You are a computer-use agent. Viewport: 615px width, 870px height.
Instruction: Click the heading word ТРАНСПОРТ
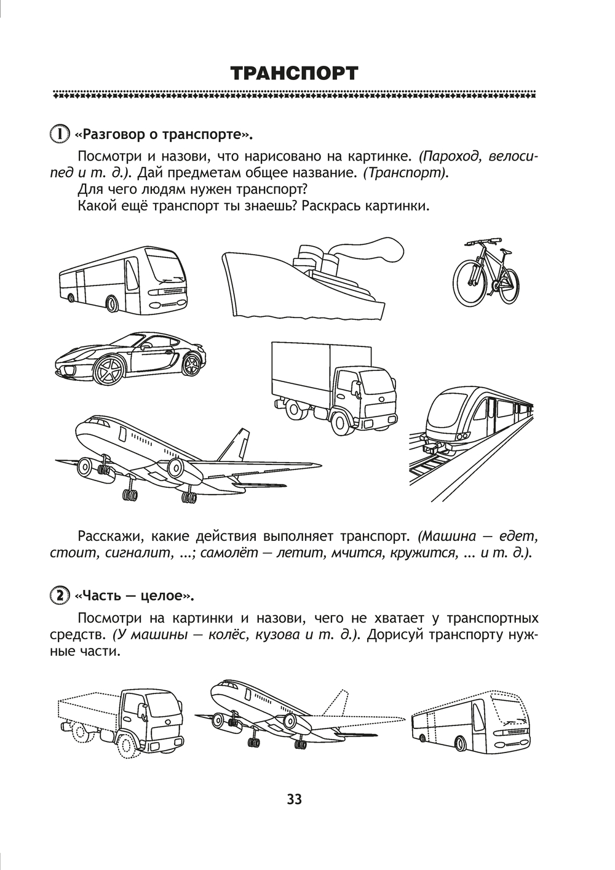[294, 74]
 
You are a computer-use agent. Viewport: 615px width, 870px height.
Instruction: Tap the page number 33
[294, 799]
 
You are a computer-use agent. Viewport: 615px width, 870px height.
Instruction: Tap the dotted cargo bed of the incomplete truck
[90, 708]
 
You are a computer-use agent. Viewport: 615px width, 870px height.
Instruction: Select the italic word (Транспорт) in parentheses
[406, 173]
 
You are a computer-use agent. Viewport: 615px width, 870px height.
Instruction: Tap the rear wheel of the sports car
[191, 364]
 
